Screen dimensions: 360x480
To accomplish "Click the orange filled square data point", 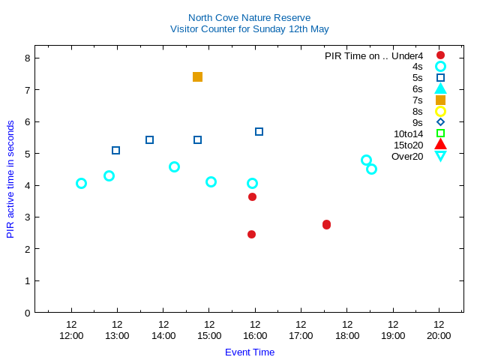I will coord(197,76).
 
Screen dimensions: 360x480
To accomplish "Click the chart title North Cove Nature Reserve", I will coord(249,17).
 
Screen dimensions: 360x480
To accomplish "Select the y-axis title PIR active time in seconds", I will coord(10,178).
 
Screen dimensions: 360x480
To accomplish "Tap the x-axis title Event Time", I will coord(250,352).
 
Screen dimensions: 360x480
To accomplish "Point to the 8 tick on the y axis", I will coord(27,58).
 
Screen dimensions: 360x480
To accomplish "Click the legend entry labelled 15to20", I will coord(408,145).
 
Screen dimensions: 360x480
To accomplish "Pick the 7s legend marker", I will coord(440,100).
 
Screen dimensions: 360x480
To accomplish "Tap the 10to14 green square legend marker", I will coord(440,133).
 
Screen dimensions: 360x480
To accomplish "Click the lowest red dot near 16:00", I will coord(251,234).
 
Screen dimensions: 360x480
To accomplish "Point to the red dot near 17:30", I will coord(326,224).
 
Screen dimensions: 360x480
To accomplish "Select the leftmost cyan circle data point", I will coord(81,183).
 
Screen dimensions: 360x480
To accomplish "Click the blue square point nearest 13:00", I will coord(115,150).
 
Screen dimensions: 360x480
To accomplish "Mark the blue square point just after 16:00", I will coord(259,131).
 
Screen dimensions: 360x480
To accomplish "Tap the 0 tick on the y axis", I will coord(27,312).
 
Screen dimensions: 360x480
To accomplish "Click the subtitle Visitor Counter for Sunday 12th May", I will coord(249,29).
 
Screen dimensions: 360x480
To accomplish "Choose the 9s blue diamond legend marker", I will coord(440,122).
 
